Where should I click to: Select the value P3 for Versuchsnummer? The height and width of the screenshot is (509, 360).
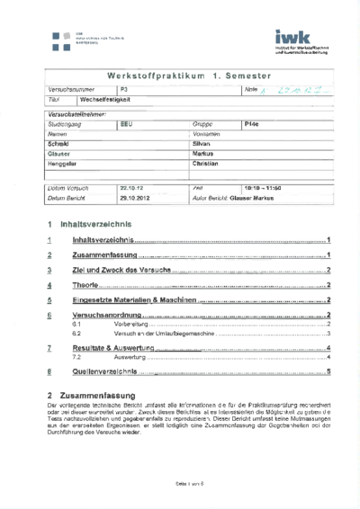[x=124, y=92]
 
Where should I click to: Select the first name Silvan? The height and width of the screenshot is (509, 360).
[x=204, y=143]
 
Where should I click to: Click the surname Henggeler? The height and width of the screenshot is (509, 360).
[x=63, y=164]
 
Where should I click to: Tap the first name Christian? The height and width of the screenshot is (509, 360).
[x=206, y=164]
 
